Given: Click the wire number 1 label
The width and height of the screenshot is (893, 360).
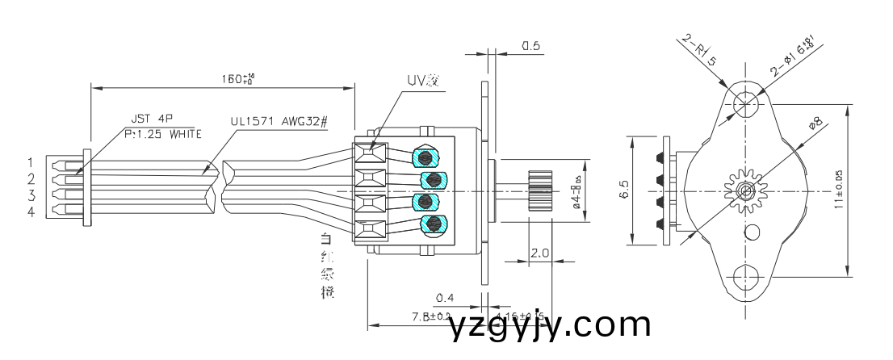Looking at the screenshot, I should (x=31, y=163).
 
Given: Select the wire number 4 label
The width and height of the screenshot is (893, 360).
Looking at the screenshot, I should (x=31, y=212).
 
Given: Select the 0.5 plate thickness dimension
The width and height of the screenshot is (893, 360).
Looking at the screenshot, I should (x=530, y=47).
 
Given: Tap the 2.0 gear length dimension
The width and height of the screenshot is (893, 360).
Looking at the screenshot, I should (x=539, y=253).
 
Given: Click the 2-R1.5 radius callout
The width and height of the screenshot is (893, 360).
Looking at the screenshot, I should (x=699, y=50).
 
